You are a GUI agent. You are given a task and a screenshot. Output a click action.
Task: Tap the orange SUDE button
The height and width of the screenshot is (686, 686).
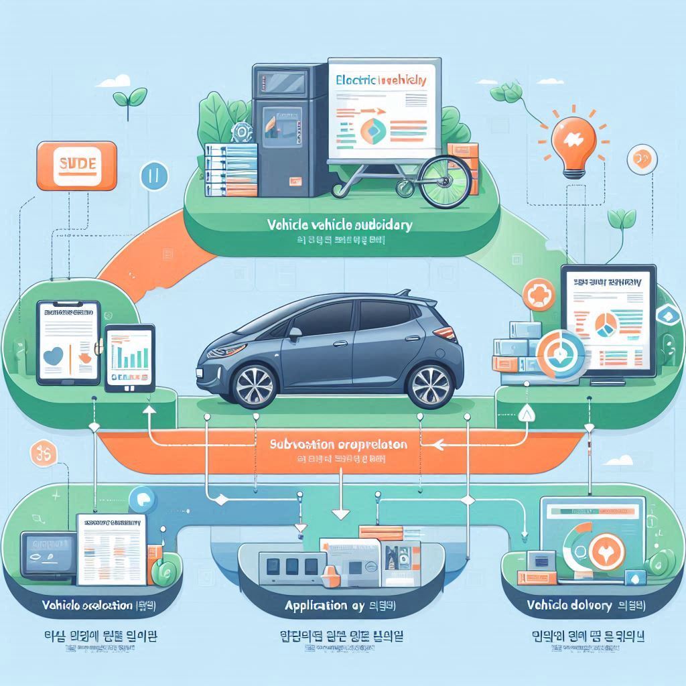pyautogui.click(x=78, y=163)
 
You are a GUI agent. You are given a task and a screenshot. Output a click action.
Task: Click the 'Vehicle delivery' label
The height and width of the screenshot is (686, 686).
pyautogui.click(x=569, y=605)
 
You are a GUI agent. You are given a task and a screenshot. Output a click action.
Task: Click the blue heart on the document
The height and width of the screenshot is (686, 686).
pyautogui.click(x=52, y=356)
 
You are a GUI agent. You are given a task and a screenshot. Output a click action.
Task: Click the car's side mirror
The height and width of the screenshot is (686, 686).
pyautogui.click(x=294, y=331)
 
